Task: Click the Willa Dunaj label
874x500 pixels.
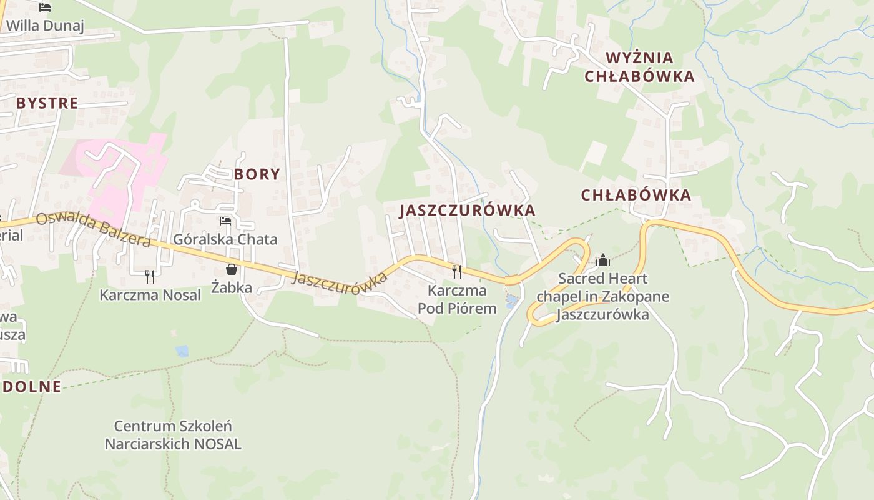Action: point(45,26)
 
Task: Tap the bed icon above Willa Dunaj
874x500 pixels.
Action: point(45,7)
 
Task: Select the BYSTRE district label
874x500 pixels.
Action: point(47,103)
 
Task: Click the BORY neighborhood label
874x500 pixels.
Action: point(257,174)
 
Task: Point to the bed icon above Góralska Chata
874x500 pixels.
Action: point(225,221)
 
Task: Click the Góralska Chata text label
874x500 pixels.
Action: point(225,239)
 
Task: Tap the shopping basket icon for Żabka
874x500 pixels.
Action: point(232,269)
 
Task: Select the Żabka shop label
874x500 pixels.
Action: point(232,287)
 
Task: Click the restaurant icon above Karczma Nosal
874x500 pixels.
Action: point(150,277)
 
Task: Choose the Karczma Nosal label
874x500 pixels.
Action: point(150,295)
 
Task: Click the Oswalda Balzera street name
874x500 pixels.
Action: point(94,230)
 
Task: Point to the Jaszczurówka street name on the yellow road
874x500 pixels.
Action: point(339,281)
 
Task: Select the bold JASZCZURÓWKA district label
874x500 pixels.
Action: point(468,211)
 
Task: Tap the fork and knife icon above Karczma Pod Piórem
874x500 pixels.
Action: point(457,271)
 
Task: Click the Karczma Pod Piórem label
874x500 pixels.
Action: point(457,299)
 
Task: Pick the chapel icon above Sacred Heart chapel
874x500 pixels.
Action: point(603,259)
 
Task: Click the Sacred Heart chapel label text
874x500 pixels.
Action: point(603,296)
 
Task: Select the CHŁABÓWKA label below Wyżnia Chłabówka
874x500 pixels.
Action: point(636,195)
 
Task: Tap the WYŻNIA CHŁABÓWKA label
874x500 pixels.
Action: point(639,67)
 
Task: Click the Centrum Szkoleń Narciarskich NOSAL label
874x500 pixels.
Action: point(173,435)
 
